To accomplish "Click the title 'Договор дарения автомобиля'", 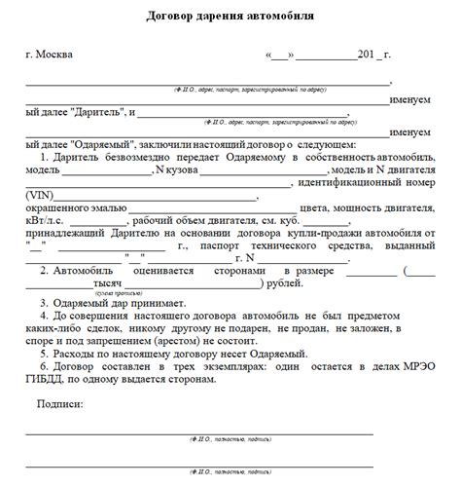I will coord(230,18).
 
